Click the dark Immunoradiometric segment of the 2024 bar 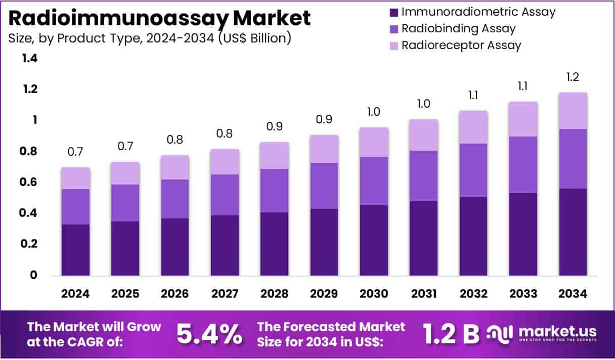pyautogui.click(x=75, y=250)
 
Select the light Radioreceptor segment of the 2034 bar pyautogui.click(x=573, y=111)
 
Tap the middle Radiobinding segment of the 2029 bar pyautogui.click(x=324, y=186)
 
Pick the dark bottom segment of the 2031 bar pyautogui.click(x=424, y=238)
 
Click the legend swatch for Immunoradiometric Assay pyautogui.click(x=393, y=12)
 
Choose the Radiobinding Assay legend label pyautogui.click(x=458, y=28)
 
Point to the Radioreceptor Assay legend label pyautogui.click(x=461, y=45)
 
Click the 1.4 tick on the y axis pyautogui.click(x=30, y=58)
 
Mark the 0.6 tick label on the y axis pyautogui.click(x=30, y=182)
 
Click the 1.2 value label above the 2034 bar pyautogui.click(x=573, y=77)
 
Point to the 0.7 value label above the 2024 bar pyautogui.click(x=75, y=152)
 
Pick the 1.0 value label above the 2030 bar pyautogui.click(x=374, y=112)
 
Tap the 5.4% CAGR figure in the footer pyautogui.click(x=209, y=333)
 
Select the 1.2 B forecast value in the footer pyautogui.click(x=451, y=333)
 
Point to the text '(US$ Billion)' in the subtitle pyautogui.click(x=254, y=38)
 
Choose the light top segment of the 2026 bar pyautogui.click(x=175, y=167)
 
